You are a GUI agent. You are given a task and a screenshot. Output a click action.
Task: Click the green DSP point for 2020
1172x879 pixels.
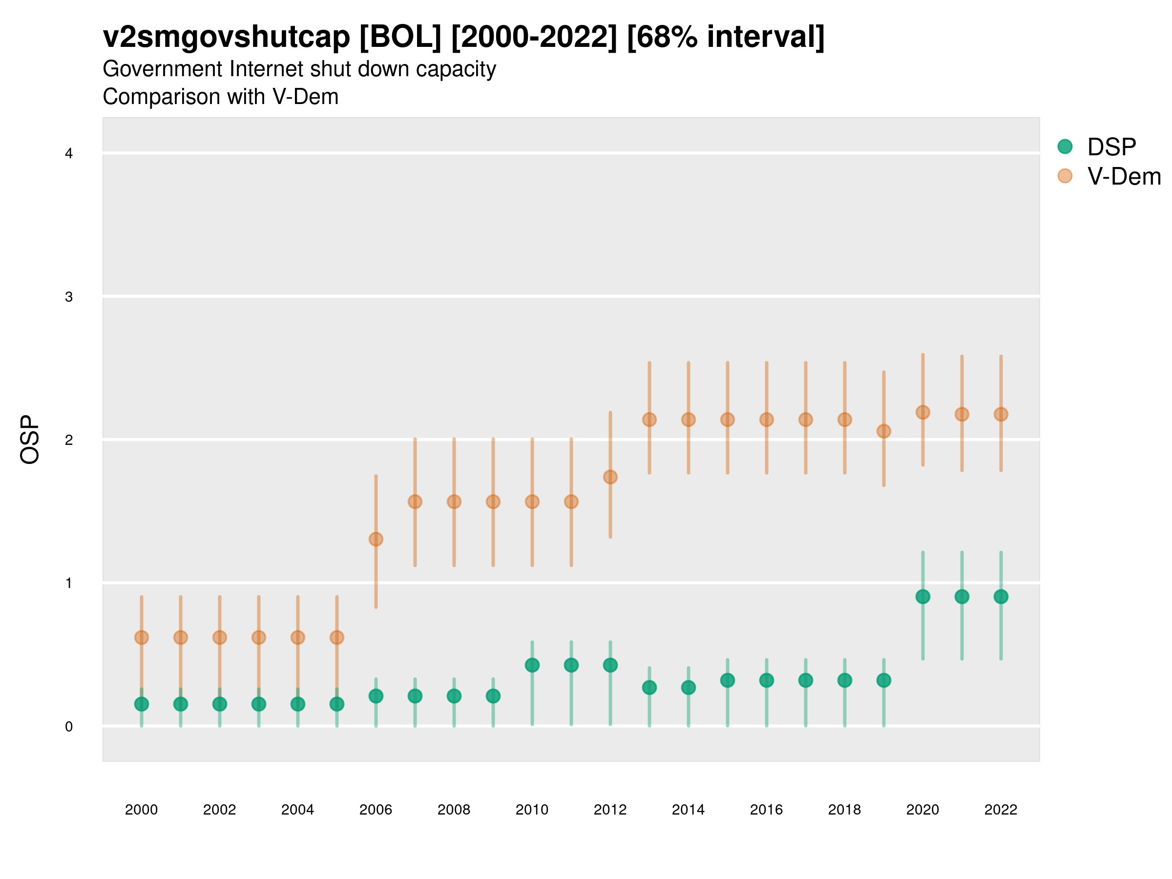pos(922,597)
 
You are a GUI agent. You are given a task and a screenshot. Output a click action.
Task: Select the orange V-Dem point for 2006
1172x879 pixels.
pos(376,540)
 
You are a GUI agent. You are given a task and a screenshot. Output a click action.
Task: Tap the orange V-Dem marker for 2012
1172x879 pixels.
pos(610,477)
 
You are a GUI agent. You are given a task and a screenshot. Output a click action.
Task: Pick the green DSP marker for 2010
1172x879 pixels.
pos(532,665)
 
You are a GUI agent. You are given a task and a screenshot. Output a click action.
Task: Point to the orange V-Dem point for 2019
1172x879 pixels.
pos(884,431)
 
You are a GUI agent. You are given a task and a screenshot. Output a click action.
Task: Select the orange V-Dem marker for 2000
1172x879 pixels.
pos(142,637)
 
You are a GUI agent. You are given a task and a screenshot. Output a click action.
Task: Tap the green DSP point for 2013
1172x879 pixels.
pos(649,688)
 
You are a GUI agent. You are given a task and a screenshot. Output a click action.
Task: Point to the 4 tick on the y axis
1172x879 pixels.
pos(69,154)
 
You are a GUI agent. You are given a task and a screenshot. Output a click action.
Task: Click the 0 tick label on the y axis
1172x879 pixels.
pos(69,727)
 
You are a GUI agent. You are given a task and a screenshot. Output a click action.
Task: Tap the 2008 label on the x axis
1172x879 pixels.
pos(454,810)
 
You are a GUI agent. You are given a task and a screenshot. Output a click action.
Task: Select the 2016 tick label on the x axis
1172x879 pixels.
pos(766,810)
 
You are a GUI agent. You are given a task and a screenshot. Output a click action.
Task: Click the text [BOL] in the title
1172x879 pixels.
pos(400,37)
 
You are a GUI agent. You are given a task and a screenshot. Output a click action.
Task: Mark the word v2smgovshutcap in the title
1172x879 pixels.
pos(226,37)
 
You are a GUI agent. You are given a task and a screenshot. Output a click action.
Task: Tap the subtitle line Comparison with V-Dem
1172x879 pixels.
pos(220,97)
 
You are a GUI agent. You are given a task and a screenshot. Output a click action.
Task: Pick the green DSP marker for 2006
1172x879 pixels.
pos(376,696)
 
